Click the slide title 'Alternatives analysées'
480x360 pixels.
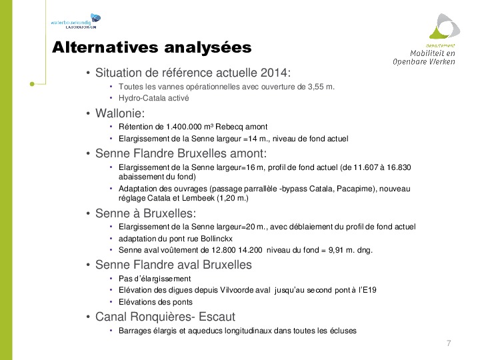tap(152, 47)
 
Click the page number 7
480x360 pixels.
tap(449, 343)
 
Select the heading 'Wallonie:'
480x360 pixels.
tap(119, 113)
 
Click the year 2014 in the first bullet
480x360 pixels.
tap(275, 73)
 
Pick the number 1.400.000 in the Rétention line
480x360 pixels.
tap(184, 127)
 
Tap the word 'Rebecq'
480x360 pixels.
tap(234, 127)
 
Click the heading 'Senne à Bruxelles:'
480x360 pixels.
tap(145, 214)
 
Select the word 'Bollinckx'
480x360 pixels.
tap(220, 239)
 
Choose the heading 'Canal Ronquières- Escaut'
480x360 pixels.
tap(165, 316)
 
